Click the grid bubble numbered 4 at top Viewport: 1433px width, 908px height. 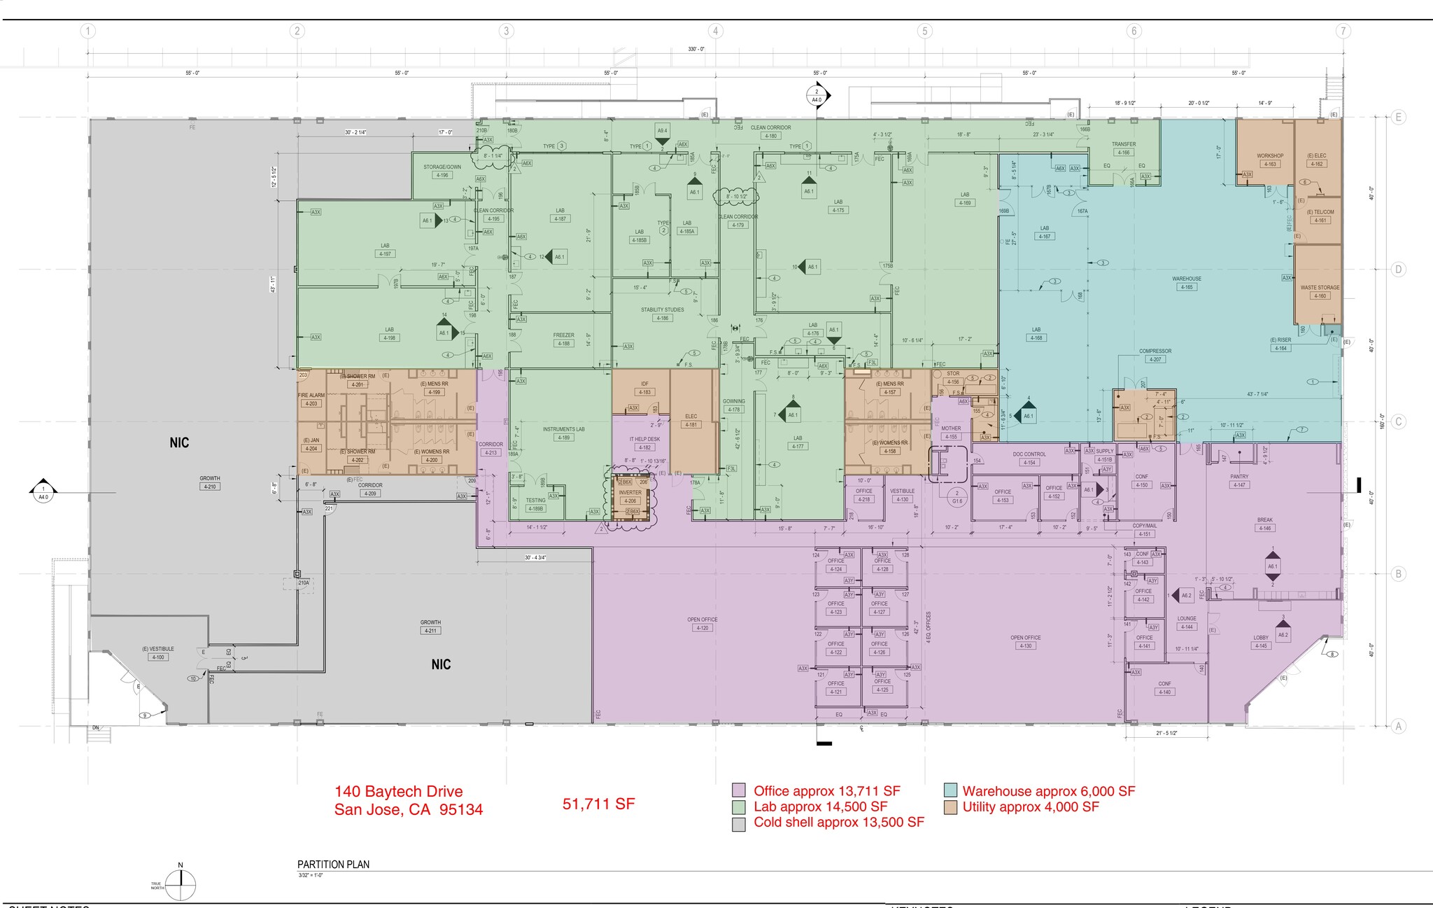point(715,31)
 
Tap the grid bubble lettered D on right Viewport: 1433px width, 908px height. point(1398,270)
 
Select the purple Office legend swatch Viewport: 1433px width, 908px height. point(738,791)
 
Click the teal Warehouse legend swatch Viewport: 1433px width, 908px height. point(950,791)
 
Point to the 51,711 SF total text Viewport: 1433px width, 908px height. point(598,804)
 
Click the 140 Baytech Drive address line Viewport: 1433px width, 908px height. point(398,792)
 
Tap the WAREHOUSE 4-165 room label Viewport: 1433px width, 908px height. point(1187,283)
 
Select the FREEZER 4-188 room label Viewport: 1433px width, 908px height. point(563,340)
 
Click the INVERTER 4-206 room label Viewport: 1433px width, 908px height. point(630,496)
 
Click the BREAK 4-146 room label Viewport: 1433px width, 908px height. point(1264,524)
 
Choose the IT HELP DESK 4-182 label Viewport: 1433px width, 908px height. point(644,443)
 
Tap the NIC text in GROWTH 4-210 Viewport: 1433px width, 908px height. point(179,442)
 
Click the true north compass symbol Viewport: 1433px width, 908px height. point(181,885)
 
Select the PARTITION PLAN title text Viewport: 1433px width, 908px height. point(333,865)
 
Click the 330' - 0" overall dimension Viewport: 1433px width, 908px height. point(696,49)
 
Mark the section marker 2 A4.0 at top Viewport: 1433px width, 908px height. point(817,96)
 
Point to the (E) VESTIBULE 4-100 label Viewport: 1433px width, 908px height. point(157,653)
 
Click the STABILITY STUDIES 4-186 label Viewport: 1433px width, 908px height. point(662,314)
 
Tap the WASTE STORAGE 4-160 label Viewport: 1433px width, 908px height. point(1320,291)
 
